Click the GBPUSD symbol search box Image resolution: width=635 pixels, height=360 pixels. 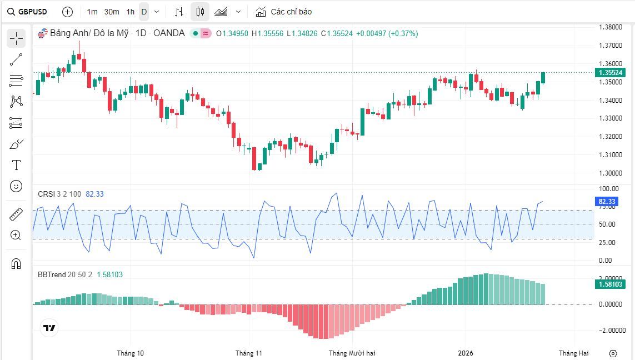pyautogui.click(x=28, y=12)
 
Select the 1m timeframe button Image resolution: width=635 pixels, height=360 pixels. pyautogui.click(x=92, y=12)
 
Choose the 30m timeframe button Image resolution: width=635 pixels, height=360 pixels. pyautogui.click(x=112, y=12)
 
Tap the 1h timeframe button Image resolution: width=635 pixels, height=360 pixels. pyautogui.click(x=130, y=12)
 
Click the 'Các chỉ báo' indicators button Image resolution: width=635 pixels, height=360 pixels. pyautogui.click(x=284, y=12)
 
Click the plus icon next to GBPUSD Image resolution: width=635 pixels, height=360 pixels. pyautogui.click(x=67, y=12)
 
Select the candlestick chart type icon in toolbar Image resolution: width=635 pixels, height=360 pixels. pyautogui.click(x=200, y=12)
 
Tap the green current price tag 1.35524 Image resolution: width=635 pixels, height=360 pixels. pyautogui.click(x=610, y=73)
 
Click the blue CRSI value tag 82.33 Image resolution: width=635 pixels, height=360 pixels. pyautogui.click(x=607, y=201)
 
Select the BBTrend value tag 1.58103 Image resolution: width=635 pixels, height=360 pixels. pyautogui.click(x=610, y=284)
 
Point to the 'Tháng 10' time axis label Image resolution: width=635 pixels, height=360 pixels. pyautogui.click(x=130, y=353)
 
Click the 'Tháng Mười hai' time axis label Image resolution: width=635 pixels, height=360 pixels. pyautogui.click(x=352, y=353)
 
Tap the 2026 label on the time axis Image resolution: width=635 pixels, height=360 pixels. pyautogui.click(x=466, y=353)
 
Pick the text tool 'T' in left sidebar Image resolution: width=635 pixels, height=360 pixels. pyautogui.click(x=16, y=165)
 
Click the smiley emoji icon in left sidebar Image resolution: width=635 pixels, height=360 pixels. pyautogui.click(x=16, y=186)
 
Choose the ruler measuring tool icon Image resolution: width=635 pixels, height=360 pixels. pyautogui.click(x=16, y=214)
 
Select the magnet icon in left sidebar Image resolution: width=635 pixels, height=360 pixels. pyautogui.click(x=16, y=263)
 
